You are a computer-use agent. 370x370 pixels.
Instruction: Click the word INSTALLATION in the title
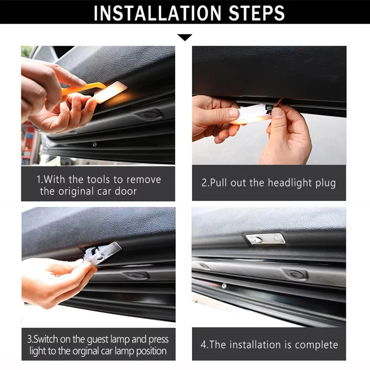pos(158,13)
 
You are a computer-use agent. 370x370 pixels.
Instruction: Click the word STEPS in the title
pos(257,13)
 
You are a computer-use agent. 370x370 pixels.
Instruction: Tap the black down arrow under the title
pos(185,37)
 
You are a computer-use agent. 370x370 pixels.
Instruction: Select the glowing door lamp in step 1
pos(111,92)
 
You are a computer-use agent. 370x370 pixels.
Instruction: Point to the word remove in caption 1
pos(144,180)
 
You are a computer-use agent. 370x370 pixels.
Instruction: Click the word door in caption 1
pos(126,191)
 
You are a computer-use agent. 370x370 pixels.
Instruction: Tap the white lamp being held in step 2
pos(251,114)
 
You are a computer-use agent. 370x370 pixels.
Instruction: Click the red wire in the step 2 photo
pos(277,103)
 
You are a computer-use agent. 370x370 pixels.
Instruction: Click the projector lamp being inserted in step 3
pos(103,253)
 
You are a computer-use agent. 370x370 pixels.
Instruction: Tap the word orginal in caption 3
pos(86,351)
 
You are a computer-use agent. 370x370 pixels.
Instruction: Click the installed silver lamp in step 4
pos(265,239)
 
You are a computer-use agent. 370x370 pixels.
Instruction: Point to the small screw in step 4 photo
pos(224,286)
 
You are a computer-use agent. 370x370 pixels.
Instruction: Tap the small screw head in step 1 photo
pos(95,144)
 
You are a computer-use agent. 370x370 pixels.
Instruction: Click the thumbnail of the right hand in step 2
pos(277,112)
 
